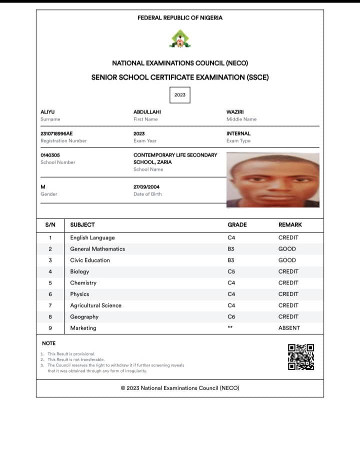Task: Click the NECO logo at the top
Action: pos(179,39)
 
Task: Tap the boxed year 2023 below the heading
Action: pos(180,94)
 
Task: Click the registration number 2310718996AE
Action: pos(56,133)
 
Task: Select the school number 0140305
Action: pos(50,155)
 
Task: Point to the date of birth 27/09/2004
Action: pos(146,187)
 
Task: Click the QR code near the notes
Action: pos(301,357)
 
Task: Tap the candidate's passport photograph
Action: pos(273,180)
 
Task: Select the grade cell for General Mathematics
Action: pos(231,249)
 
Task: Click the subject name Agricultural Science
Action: pos(95,305)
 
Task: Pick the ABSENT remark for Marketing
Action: pos(289,328)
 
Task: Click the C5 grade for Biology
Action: pos(231,271)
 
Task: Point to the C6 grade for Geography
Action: pos(231,316)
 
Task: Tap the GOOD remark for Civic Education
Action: pos(287,260)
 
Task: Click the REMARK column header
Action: pos(290,225)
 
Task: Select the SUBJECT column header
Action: pos(82,225)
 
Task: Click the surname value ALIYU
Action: pos(47,112)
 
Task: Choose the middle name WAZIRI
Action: pos(235,112)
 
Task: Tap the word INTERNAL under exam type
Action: pos(238,133)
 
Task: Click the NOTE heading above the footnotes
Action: pos(49,343)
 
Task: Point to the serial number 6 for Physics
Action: pos(50,294)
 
